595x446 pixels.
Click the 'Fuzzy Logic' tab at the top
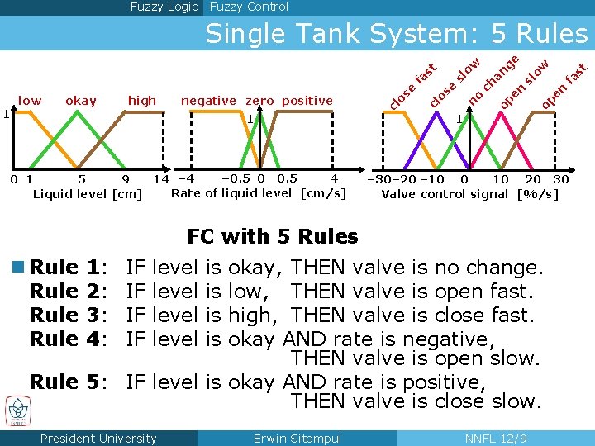[x=164, y=7]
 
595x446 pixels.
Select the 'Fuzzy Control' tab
[x=249, y=7]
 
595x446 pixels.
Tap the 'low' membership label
[x=30, y=101]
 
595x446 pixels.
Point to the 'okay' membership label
[x=80, y=101]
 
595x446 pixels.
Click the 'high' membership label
[x=142, y=101]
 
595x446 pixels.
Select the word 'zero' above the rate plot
[x=260, y=101]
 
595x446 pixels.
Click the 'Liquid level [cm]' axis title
[x=87, y=194]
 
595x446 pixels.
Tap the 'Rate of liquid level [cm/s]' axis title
[x=258, y=193]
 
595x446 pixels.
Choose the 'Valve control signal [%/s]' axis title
[x=469, y=194]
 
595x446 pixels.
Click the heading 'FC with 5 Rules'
[x=273, y=237]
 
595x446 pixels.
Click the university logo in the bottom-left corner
[x=17, y=410]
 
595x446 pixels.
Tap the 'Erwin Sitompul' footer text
[x=297, y=439]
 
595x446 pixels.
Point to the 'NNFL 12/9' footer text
[x=497, y=439]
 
